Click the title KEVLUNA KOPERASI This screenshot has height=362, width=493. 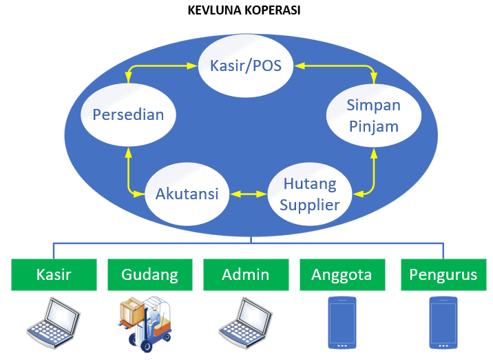[x=244, y=10]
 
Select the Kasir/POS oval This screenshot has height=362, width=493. [x=246, y=66]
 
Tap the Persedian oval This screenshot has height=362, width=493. [x=128, y=114]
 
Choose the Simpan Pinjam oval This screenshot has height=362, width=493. [x=374, y=116]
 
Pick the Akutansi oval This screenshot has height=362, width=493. [x=187, y=194]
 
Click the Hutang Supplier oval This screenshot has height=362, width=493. [x=310, y=194]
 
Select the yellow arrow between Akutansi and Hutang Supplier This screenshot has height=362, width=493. [x=249, y=194]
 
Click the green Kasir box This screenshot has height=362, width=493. [x=54, y=274]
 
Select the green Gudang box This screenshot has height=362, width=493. [x=150, y=274]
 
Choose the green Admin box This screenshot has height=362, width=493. [x=246, y=274]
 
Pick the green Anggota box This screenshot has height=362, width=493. [x=342, y=274]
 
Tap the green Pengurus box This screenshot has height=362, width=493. [x=443, y=274]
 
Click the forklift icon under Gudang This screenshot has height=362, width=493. [x=145, y=324]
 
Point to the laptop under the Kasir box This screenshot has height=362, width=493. [x=54, y=323]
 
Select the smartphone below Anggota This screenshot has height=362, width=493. [x=342, y=323]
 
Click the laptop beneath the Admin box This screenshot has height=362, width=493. [x=246, y=323]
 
